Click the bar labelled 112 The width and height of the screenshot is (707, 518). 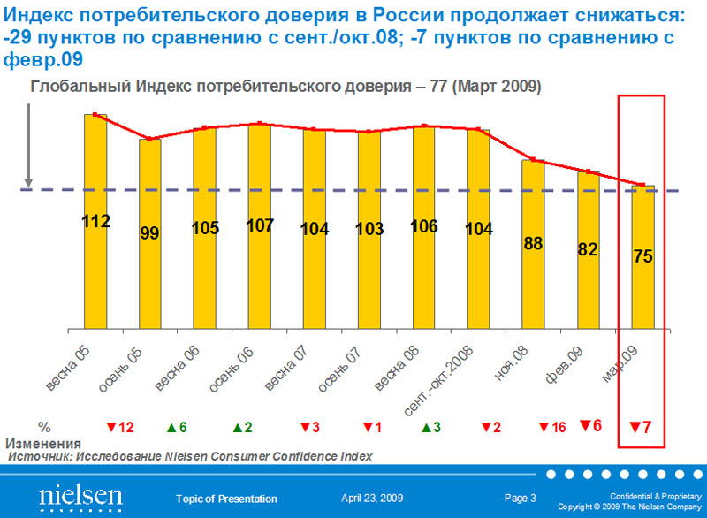pos(95,221)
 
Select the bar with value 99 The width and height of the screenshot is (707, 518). pos(149,233)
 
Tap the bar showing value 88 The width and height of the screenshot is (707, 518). pos(533,244)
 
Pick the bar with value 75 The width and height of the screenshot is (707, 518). pos(642,256)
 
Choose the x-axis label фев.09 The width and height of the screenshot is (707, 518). pos(564,364)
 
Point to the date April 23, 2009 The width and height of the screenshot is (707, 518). pos(370,499)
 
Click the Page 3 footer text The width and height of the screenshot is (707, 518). pos(521,499)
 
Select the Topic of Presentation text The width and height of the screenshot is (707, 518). pos(226,499)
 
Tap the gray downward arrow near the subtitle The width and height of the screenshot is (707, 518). pos(29,146)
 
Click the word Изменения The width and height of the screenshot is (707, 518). pos(43,443)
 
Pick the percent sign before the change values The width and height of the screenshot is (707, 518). pos(44,427)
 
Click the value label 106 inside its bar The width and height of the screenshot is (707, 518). pos(424,225)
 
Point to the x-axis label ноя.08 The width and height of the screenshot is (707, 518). pos(511,363)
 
